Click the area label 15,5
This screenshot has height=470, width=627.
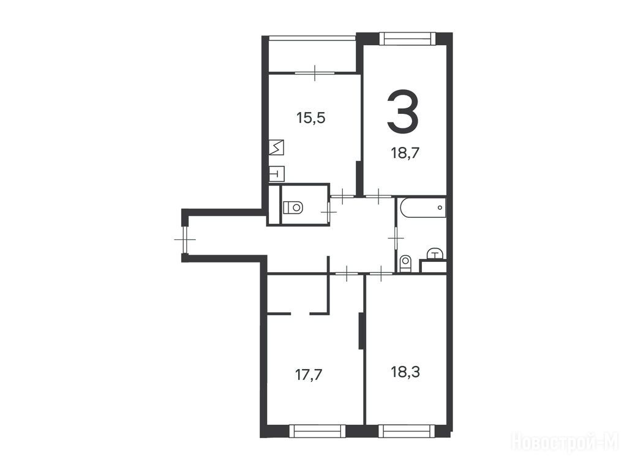[310, 118]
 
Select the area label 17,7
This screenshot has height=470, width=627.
[309, 375]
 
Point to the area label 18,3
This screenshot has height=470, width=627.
[405, 372]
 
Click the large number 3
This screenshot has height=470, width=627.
[403, 111]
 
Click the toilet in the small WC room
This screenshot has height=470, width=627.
[293, 207]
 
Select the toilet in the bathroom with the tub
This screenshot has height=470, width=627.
[405, 263]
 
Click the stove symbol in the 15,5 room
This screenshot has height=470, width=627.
[276, 147]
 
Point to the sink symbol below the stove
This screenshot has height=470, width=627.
[276, 173]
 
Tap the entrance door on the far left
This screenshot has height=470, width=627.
[185, 239]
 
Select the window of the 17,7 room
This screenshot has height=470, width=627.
[317, 431]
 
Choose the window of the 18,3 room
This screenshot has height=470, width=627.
[407, 431]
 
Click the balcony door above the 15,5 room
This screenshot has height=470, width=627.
[315, 73]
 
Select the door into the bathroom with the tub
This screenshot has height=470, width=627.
[396, 238]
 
